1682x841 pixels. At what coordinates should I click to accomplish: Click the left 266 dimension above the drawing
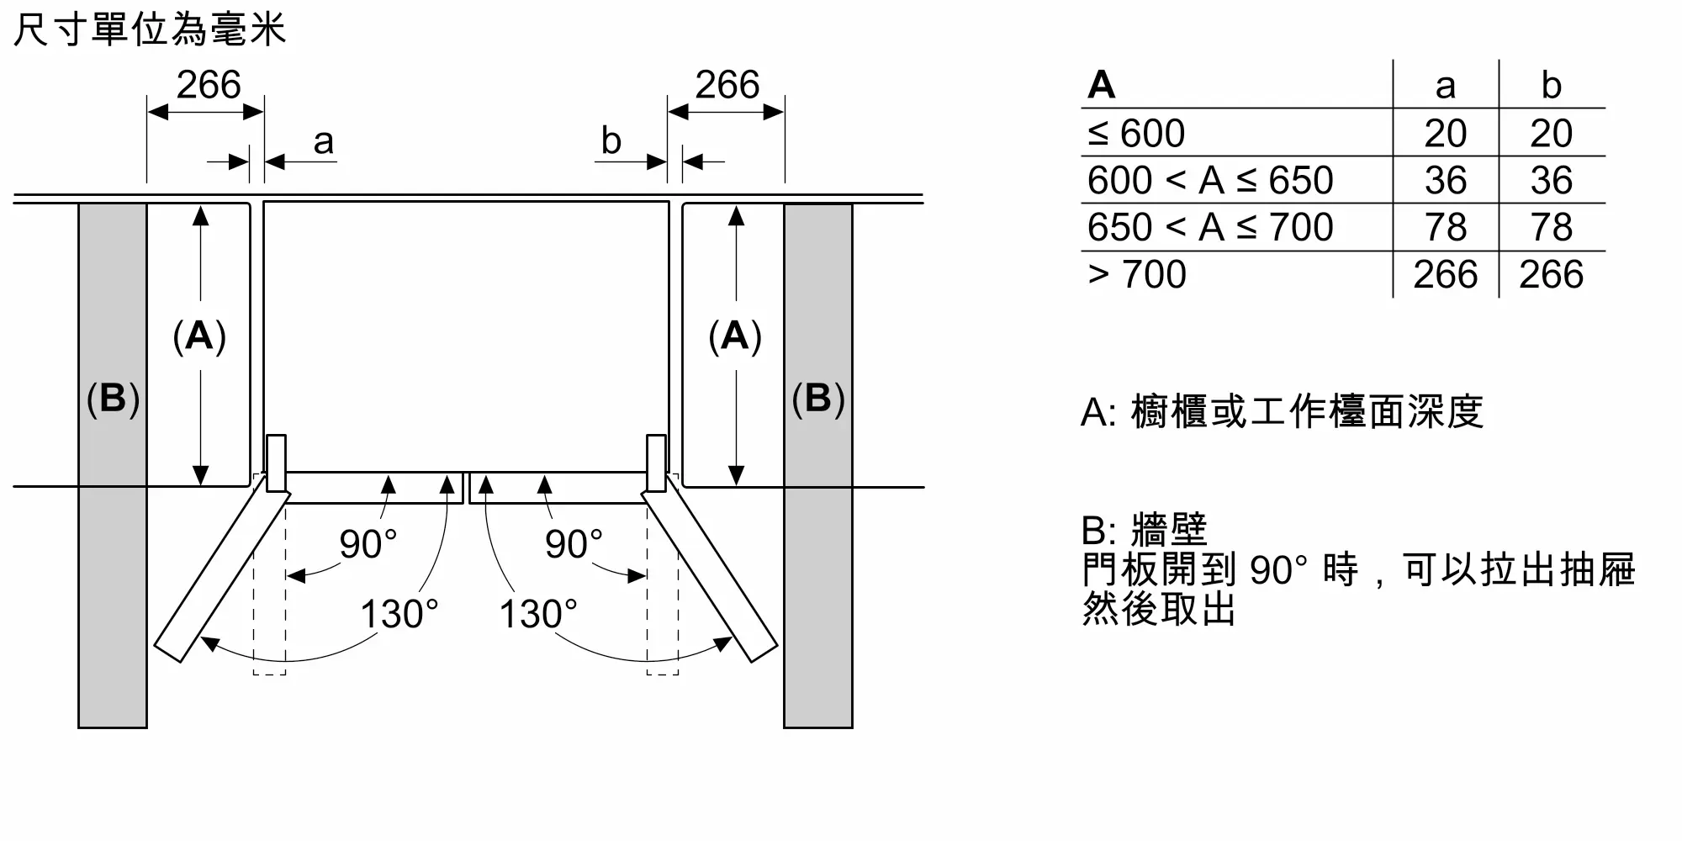(x=209, y=85)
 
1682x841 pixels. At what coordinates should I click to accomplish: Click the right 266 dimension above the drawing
(x=727, y=85)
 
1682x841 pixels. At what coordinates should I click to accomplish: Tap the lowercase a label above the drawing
(x=324, y=141)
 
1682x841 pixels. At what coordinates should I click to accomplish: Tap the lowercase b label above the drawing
(x=611, y=140)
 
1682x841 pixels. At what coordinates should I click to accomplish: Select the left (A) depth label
(x=199, y=336)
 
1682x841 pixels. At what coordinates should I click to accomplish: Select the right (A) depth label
(x=735, y=336)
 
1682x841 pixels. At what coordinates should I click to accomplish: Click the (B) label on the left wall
(x=113, y=398)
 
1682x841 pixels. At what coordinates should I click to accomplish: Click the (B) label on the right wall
(x=817, y=398)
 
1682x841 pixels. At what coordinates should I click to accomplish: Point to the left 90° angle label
(x=368, y=544)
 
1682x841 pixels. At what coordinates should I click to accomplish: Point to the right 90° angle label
(x=574, y=544)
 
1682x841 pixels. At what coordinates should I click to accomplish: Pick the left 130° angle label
(x=399, y=614)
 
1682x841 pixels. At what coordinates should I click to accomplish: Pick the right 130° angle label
(x=538, y=614)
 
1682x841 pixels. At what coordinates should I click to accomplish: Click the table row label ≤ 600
(x=1136, y=133)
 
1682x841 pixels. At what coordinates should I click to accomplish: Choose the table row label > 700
(x=1137, y=274)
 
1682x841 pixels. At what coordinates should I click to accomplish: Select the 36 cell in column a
(x=1446, y=180)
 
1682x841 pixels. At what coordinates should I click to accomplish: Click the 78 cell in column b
(x=1552, y=227)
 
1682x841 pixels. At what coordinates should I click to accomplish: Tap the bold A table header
(x=1101, y=85)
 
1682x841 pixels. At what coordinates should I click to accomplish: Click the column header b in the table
(x=1552, y=85)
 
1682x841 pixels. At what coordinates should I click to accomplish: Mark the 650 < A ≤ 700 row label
(x=1210, y=227)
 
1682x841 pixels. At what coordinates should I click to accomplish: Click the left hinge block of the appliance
(x=276, y=463)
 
